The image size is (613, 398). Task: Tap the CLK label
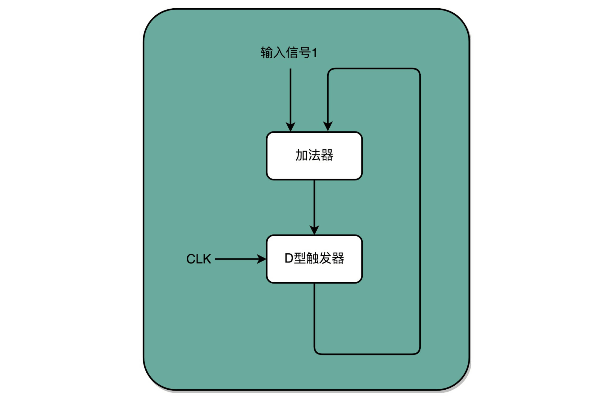198,259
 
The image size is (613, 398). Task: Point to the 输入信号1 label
289,52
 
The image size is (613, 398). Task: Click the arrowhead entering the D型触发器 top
314,230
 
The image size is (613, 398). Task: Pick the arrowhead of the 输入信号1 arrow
290,127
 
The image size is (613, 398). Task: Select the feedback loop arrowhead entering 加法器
328,126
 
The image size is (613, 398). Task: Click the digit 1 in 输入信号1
315,53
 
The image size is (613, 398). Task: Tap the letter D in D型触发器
289,258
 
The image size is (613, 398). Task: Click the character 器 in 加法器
327,155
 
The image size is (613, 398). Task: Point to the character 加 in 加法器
301,155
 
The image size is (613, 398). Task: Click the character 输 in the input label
267,52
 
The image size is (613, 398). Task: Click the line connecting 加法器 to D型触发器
314,204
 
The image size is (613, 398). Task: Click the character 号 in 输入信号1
305,52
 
